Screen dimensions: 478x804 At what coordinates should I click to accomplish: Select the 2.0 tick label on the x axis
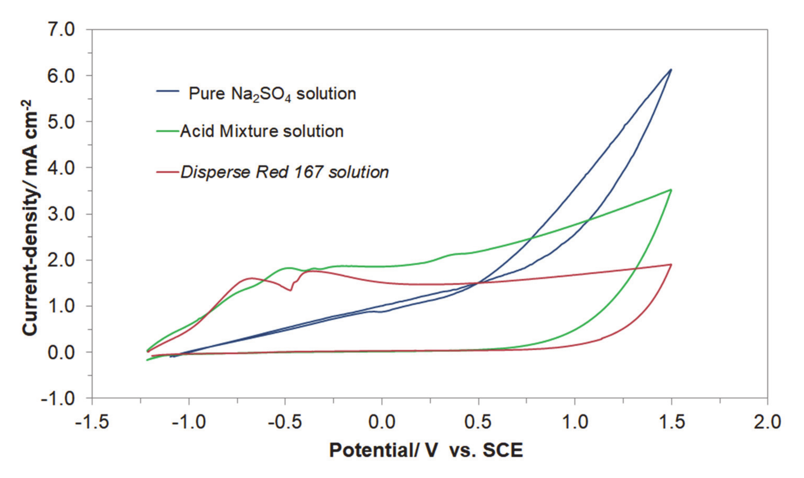pos(767,422)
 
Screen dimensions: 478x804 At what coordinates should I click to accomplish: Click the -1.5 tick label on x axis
pos(92,422)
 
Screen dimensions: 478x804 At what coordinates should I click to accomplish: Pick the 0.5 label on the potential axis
pos(478,422)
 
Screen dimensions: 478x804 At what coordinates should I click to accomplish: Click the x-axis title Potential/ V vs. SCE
pos(426,450)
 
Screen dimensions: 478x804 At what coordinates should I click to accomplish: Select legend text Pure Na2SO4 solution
pos(272,94)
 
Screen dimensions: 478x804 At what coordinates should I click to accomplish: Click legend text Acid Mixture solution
pos(262,131)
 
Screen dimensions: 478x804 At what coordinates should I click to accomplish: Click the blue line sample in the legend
pos(168,91)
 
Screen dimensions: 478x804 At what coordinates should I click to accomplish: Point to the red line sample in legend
pos(168,172)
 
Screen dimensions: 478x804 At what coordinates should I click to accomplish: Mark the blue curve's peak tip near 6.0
pos(671,70)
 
